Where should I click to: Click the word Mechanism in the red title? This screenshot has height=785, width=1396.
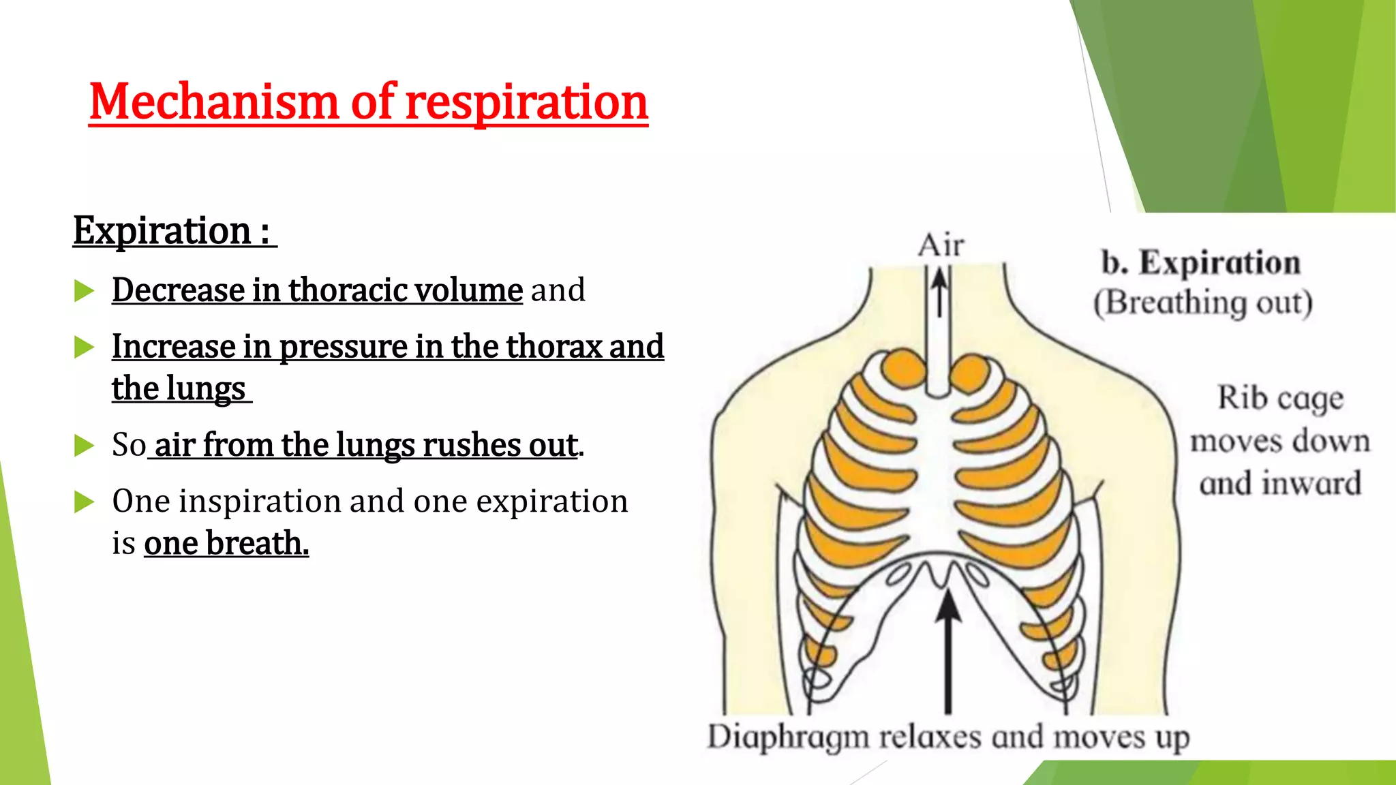(213, 102)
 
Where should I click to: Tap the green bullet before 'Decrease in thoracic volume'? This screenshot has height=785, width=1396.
(84, 291)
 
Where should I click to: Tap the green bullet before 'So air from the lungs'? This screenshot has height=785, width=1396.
(84, 446)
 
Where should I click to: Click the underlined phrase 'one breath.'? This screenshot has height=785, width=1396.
(226, 544)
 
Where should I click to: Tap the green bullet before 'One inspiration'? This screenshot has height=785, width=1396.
(84, 502)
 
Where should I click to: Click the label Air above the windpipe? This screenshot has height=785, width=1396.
(941, 245)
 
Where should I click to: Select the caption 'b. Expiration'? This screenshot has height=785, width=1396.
(1201, 263)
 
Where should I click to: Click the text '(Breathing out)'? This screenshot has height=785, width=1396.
(1203, 303)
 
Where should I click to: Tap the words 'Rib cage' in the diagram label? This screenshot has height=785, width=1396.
(1280, 398)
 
